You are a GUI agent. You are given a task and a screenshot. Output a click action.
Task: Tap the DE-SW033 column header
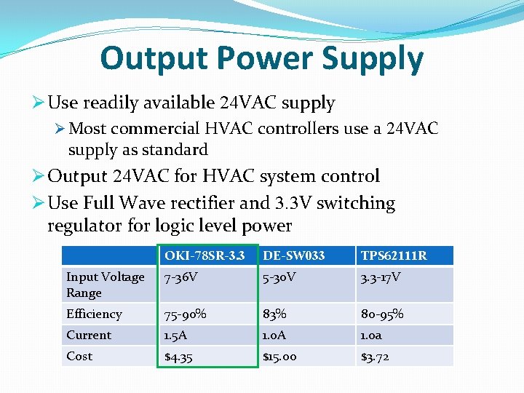pos(294,255)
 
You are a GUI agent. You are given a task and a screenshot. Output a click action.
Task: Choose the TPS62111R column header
pos(394,255)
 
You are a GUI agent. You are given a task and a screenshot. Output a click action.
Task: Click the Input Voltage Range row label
pos(105,285)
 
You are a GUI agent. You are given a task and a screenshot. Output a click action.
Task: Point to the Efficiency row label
pos(94,314)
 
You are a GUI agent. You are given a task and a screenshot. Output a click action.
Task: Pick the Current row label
pos(89,335)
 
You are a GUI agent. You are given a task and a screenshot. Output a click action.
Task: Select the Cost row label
pos(79,356)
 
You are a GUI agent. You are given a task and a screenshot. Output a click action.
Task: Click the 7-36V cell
pos(180,277)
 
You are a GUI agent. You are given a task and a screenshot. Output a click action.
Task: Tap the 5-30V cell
pos(279,277)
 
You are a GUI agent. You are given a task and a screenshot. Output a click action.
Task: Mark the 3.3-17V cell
pos(381,277)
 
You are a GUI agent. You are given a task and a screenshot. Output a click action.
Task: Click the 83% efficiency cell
pos(275,314)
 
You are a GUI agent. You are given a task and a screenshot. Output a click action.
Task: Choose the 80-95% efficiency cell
pos(383,314)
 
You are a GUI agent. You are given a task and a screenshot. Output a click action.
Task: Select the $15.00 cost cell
pos(279,357)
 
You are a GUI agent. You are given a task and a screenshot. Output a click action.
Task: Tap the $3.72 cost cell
pos(376,357)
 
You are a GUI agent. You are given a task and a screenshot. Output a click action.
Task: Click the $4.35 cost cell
pos(178,357)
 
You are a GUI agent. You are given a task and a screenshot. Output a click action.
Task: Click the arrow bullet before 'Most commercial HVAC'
pos(60,129)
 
